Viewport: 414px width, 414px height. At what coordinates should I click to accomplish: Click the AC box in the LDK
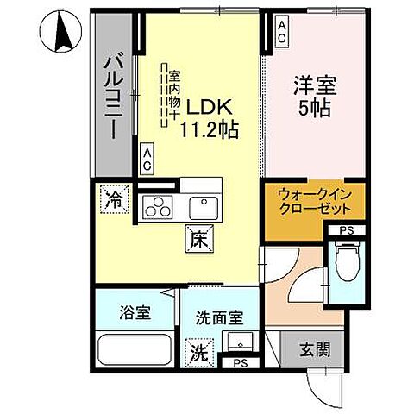[147, 160]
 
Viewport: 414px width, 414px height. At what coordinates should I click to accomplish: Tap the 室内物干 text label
[173, 86]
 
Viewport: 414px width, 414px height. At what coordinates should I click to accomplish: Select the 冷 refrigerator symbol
[113, 201]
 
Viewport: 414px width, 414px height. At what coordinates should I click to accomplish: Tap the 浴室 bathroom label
[135, 312]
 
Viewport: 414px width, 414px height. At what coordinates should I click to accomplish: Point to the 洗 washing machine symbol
[198, 352]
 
